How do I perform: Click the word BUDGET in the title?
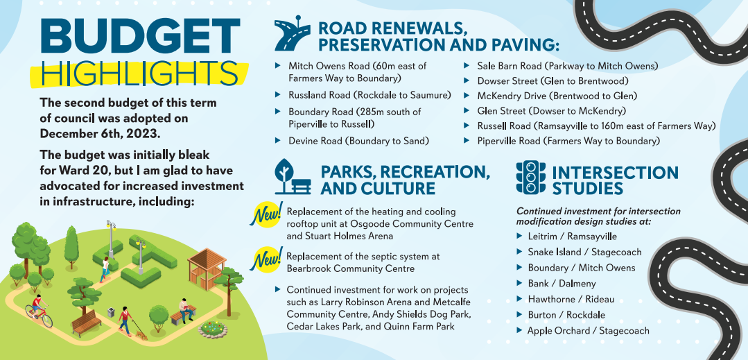tap(140, 37)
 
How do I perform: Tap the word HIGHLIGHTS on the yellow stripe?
tap(140, 74)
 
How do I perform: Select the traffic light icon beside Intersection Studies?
tap(530, 177)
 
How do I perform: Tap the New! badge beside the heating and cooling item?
tap(266, 214)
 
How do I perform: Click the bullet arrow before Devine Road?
tap(277, 140)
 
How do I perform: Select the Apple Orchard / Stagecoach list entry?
tap(588, 331)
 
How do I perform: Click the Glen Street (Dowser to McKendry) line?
tap(551, 111)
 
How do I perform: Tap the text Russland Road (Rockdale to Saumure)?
tap(369, 95)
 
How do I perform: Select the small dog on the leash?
tap(141, 334)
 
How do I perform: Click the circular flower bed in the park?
tap(212, 329)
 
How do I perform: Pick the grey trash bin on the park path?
tap(111, 312)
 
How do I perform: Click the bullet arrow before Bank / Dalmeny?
tap(519, 283)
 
